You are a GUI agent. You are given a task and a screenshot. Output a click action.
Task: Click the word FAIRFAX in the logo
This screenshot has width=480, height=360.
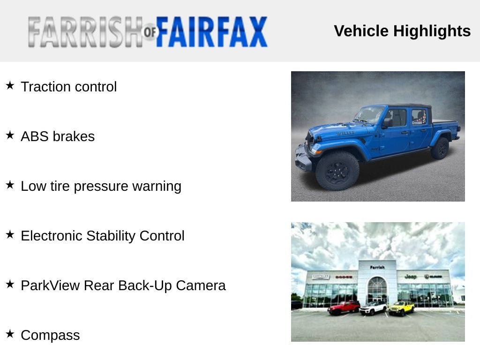point(211,32)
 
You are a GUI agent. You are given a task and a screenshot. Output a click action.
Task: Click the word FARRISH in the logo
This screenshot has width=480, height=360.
point(85,32)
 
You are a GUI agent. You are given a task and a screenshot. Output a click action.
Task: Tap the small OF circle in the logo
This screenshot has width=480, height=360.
point(150,31)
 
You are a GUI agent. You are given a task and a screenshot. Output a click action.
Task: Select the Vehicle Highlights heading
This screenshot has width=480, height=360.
point(402,31)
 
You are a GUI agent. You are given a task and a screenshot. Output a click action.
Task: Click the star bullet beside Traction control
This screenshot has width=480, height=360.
point(10,85)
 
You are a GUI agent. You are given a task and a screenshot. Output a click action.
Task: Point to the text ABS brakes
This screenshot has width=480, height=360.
point(58,136)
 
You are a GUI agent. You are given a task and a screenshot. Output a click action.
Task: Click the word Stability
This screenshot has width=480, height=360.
point(111,236)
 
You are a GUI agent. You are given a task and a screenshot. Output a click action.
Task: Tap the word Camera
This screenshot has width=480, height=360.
point(201,285)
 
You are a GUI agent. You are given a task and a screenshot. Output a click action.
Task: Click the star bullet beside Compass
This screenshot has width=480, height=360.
point(10,334)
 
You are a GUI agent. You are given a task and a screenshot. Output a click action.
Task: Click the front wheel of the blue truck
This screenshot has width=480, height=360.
point(337,171)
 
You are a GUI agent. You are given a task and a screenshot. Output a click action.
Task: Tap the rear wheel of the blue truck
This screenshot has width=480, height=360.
point(440,149)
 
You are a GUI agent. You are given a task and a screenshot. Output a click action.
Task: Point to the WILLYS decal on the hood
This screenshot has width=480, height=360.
point(345,133)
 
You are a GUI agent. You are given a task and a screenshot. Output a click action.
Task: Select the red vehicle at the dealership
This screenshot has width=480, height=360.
point(344,307)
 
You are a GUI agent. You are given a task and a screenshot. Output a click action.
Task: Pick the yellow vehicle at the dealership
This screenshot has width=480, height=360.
point(401,308)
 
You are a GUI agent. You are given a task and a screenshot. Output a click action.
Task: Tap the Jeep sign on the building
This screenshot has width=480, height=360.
point(411,277)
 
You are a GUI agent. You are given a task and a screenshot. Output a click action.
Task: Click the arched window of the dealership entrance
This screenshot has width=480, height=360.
point(377,289)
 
